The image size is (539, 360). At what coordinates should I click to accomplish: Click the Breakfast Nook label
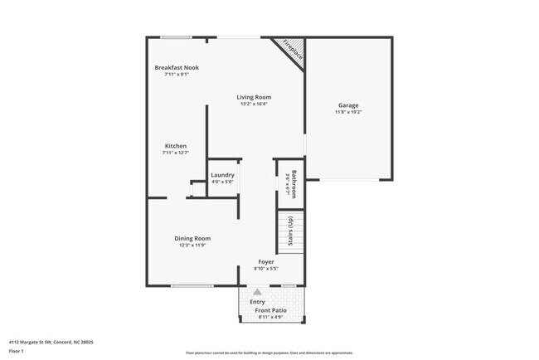[177, 67]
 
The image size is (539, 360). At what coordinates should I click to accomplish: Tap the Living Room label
[255, 97]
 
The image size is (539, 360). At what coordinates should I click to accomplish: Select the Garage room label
[348, 105]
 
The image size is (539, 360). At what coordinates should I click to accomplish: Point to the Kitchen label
[175, 146]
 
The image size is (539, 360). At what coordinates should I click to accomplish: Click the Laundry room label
[222, 175]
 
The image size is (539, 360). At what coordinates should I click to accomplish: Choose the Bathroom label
[294, 182]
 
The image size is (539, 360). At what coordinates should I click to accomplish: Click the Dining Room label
[192, 239]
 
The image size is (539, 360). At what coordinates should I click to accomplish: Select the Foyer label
[265, 261]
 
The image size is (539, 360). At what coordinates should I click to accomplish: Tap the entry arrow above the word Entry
[257, 292]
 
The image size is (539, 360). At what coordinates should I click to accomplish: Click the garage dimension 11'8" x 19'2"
[348, 112]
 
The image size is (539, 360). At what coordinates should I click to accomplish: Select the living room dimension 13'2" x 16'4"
[255, 104]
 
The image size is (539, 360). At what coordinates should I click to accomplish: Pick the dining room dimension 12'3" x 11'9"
[192, 246]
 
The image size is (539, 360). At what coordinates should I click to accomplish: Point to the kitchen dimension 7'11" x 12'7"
[175, 153]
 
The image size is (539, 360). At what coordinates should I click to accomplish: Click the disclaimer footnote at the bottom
[269, 353]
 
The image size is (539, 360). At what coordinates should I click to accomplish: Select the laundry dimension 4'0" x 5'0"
[222, 182]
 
